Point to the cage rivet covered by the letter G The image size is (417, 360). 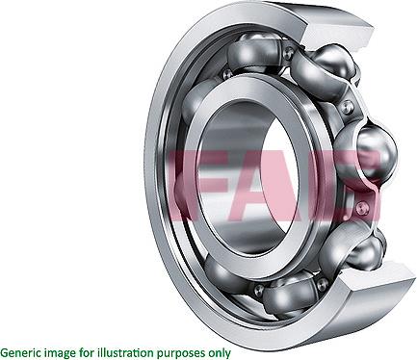click(x=361, y=206)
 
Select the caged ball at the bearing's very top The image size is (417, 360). click(x=254, y=48)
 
